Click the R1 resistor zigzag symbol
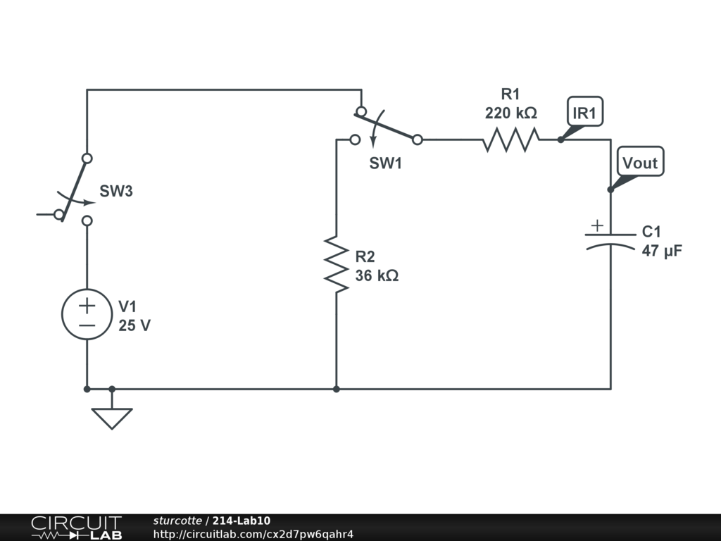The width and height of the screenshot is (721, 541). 510,139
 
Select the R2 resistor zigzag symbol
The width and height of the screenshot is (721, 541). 337,264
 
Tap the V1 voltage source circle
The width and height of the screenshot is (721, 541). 87,315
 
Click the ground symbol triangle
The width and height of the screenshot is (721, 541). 112,418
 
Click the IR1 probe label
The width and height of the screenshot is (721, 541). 585,112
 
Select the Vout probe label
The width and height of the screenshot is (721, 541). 639,163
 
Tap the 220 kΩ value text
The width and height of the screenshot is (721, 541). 510,113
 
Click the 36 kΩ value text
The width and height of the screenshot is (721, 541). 377,275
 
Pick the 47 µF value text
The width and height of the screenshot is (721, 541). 662,250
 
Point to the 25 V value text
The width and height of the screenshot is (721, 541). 134,325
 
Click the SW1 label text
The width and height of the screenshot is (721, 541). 386,163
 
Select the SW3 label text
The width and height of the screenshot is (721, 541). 116,191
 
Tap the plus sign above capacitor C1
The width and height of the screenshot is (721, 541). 597,225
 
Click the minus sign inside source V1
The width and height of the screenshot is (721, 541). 87,325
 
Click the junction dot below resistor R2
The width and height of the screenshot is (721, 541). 337,389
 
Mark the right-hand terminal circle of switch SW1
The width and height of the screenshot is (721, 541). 418,139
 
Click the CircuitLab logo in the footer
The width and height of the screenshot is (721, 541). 76,528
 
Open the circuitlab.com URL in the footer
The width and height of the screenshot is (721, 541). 253,534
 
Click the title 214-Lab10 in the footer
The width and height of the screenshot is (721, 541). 241,521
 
